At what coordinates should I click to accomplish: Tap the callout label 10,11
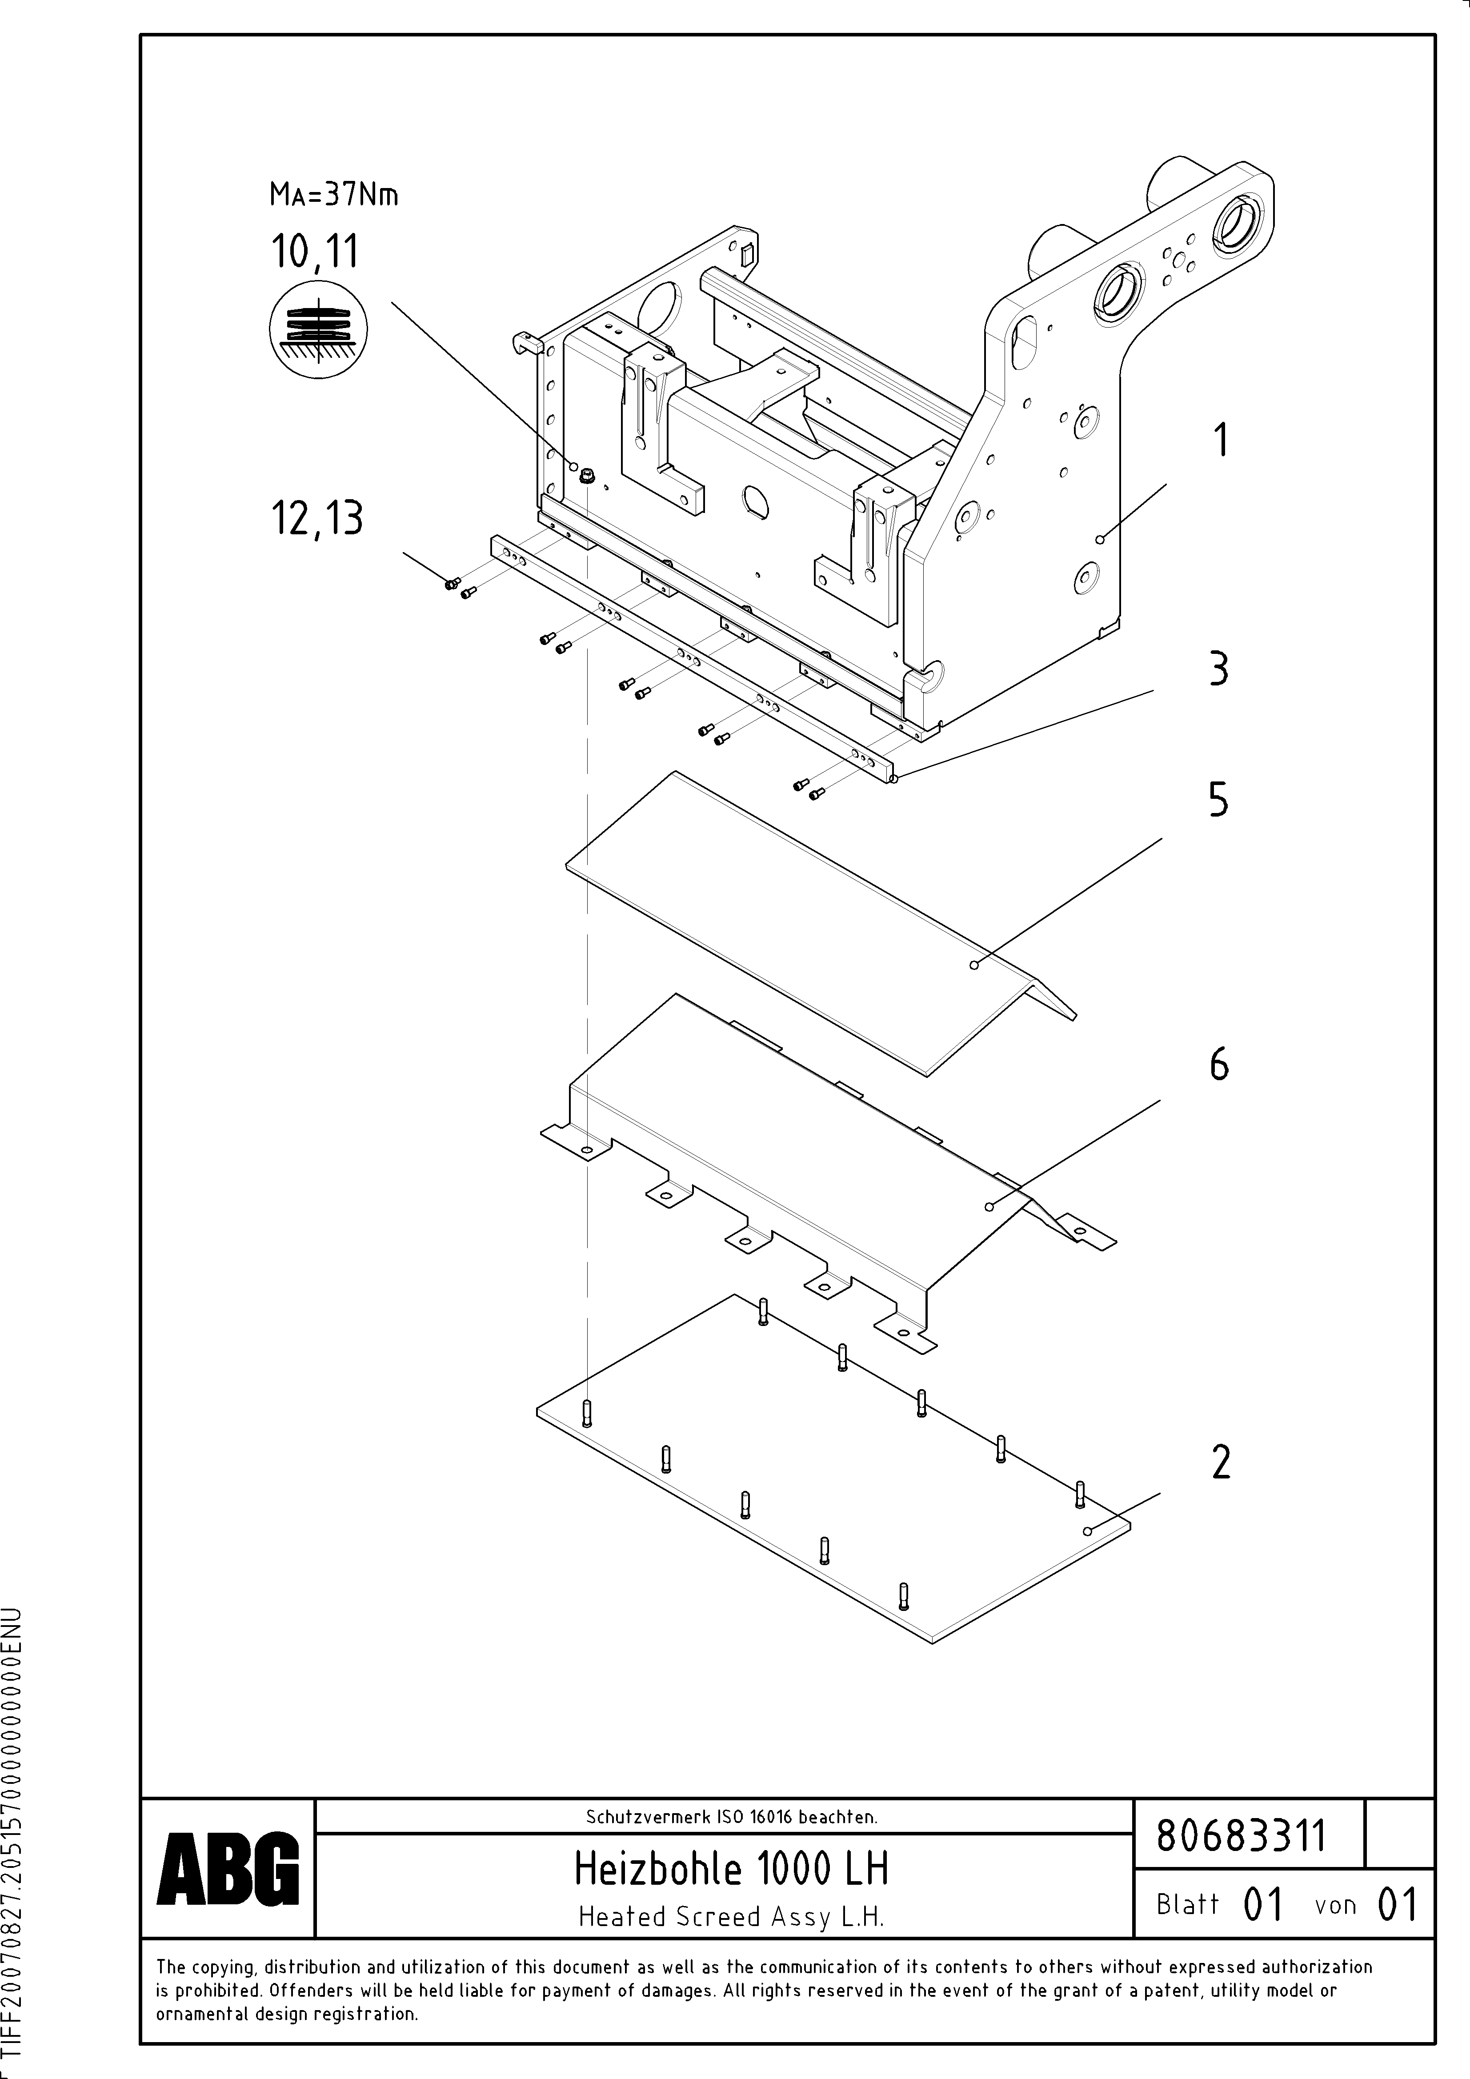click(x=314, y=252)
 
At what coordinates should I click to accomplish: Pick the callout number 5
click(x=1219, y=801)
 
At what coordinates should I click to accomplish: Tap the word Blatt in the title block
click(x=1187, y=1904)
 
